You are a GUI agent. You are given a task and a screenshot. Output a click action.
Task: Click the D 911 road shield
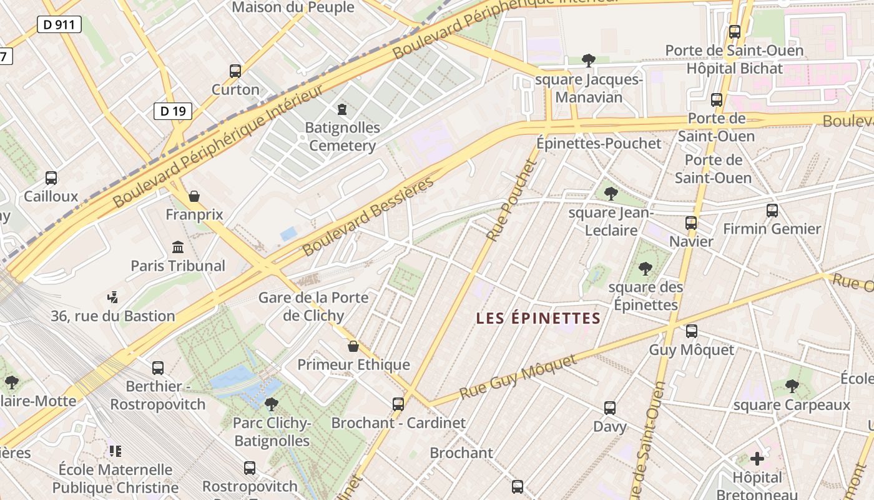pos(59,24)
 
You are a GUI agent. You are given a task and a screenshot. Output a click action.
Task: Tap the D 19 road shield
pos(172,111)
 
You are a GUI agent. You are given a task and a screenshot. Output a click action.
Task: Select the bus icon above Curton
pos(235,71)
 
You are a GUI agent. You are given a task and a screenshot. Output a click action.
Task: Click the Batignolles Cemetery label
pos(342,137)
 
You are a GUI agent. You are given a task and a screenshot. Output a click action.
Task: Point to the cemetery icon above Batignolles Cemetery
pos(341,110)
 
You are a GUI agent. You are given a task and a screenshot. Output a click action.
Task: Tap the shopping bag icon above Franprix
pos(194,196)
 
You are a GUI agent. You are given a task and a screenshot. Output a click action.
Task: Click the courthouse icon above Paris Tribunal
pos(178,247)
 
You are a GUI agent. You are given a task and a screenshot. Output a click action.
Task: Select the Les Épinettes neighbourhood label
pos(538,319)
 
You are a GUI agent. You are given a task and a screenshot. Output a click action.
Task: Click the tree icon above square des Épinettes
pos(646,269)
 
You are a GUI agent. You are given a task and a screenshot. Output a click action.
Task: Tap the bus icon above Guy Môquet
pos(692,331)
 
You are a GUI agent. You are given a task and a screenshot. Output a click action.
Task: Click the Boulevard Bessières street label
pos(368,216)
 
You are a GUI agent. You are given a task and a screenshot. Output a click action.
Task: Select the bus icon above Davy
pos(610,408)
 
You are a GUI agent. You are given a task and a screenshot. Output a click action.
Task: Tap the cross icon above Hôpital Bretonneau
pos(757,459)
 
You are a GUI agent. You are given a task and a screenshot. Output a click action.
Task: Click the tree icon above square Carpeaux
pos(792,386)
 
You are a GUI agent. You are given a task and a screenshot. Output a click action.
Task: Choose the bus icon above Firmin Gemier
pos(772,211)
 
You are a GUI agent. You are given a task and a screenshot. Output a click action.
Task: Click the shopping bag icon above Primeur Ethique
pos(353,346)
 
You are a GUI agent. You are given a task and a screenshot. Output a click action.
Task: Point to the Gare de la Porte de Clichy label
pos(313,306)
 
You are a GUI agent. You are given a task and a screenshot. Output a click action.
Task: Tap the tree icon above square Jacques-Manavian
pos(588,61)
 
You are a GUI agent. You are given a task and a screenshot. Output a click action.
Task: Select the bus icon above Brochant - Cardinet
pos(398,404)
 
